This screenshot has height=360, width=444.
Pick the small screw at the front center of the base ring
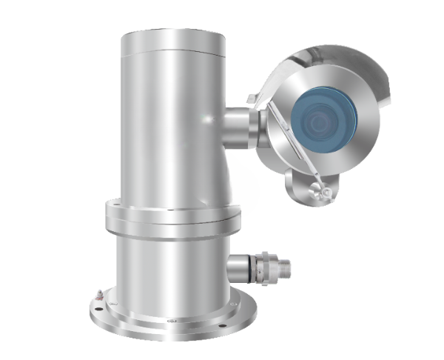coord(171,323)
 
